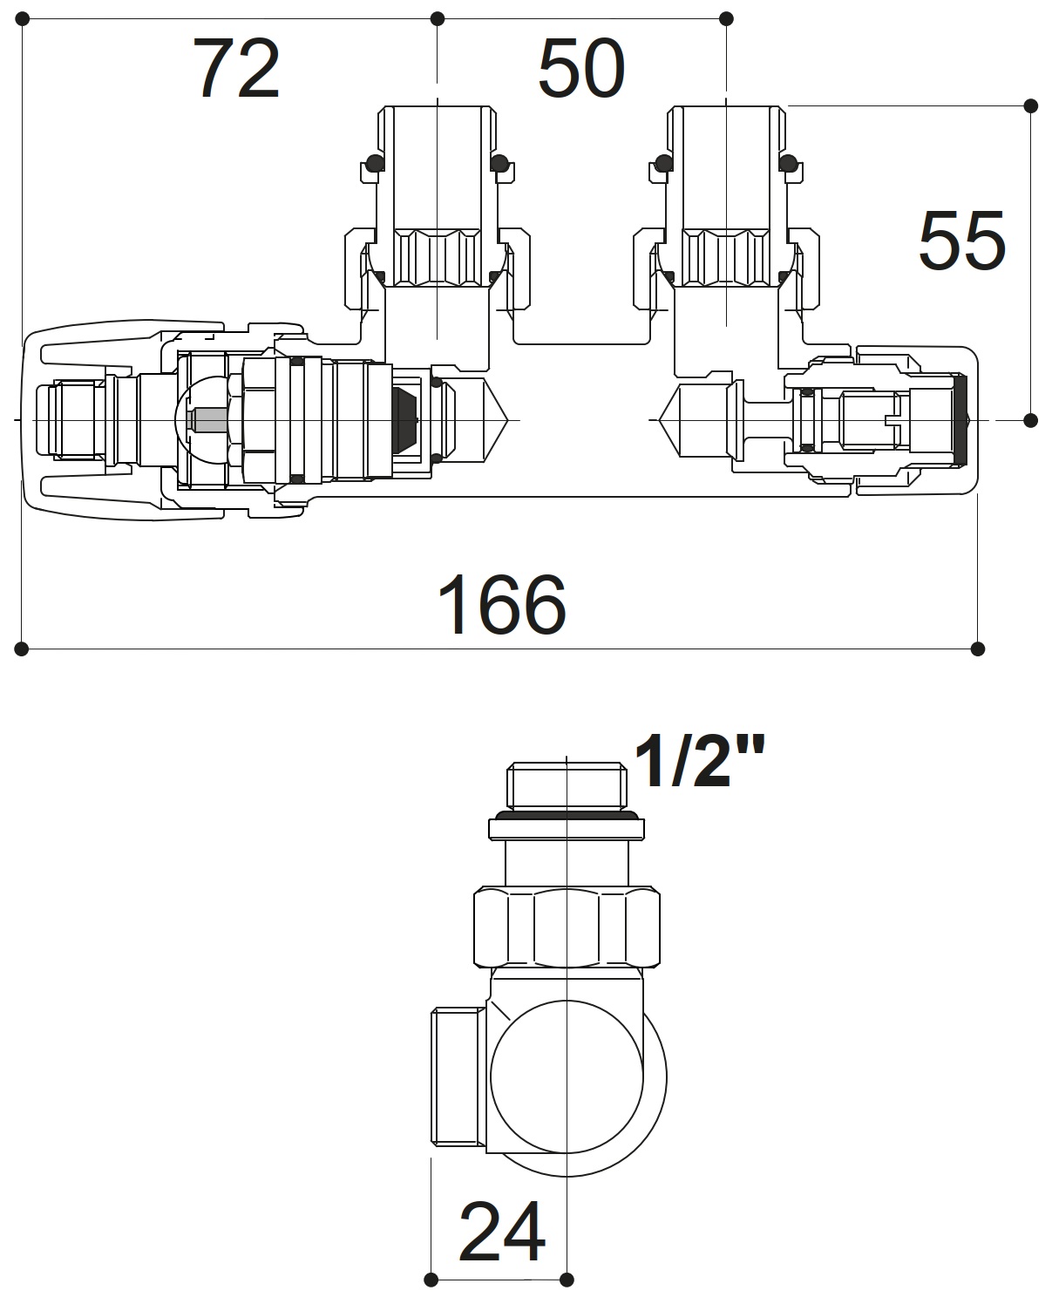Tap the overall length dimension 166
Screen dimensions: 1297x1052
pyautogui.click(x=501, y=604)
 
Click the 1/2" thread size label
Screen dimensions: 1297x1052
pyautogui.click(x=699, y=761)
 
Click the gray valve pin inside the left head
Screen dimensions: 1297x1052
pyautogui.click(x=208, y=420)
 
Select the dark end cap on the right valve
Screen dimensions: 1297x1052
pyautogui.click(x=962, y=419)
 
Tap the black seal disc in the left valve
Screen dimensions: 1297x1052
pyautogui.click(x=405, y=420)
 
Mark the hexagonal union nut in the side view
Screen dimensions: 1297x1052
pyautogui.click(x=567, y=927)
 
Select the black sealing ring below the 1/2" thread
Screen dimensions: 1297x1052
pyautogui.click(x=567, y=816)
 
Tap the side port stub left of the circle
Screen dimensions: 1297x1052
pyautogui.click(x=458, y=1077)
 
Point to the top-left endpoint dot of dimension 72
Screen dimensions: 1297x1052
pyautogui.click(x=22, y=18)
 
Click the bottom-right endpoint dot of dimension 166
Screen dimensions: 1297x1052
pyautogui.click(x=977, y=648)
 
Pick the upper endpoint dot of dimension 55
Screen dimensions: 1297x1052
pyautogui.click(x=1030, y=106)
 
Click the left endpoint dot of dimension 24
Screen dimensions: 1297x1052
pyautogui.click(x=431, y=1280)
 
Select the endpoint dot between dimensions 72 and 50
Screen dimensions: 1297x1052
pyautogui.click(x=438, y=18)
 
